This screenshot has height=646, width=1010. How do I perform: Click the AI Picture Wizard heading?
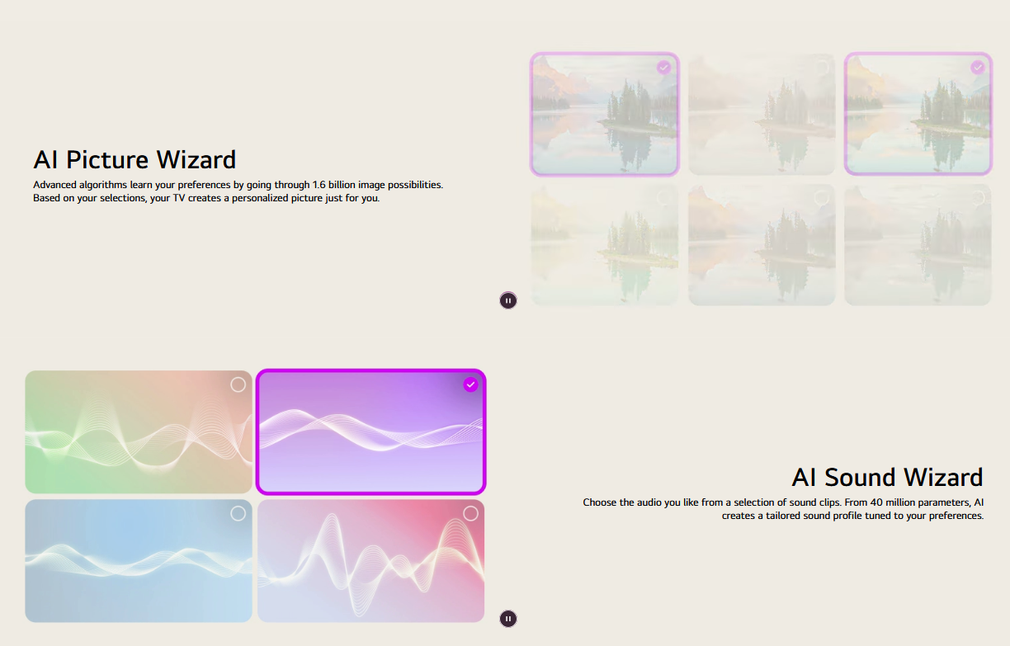tap(135, 159)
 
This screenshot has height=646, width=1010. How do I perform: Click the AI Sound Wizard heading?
tap(887, 478)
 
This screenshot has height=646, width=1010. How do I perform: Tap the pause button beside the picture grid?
tap(508, 300)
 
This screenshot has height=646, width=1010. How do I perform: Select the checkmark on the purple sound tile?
tap(470, 384)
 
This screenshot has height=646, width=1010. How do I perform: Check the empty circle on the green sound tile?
tap(238, 384)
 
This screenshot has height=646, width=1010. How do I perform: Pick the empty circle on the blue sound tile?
tap(238, 513)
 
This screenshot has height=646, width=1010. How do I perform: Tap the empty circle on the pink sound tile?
tap(470, 513)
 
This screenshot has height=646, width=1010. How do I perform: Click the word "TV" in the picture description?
tap(179, 198)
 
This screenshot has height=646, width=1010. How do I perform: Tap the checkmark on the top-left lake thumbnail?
tap(663, 68)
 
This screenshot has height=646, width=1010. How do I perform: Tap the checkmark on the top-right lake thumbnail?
tap(978, 68)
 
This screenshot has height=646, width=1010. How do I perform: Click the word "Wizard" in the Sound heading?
tap(943, 478)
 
